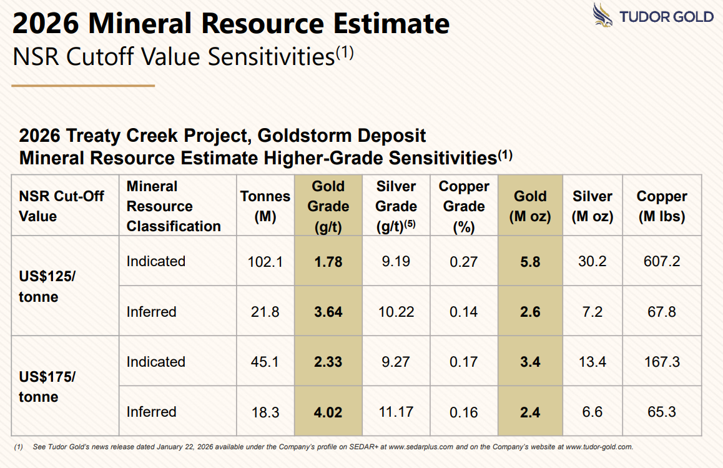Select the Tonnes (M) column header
[265, 206]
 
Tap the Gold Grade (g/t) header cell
[328, 206]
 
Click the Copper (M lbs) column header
[662, 206]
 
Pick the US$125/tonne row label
[47, 286]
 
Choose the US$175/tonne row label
[47, 387]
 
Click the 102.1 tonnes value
[265, 262]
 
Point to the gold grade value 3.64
[328, 312]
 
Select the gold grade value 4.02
[328, 412]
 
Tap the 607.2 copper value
[662, 262]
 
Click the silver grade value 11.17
[396, 412]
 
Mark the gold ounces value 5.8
[530, 262]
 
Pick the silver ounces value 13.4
[593, 362]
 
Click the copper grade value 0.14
[464, 312]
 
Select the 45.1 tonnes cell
[265, 362]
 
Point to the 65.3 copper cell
[662, 412]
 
